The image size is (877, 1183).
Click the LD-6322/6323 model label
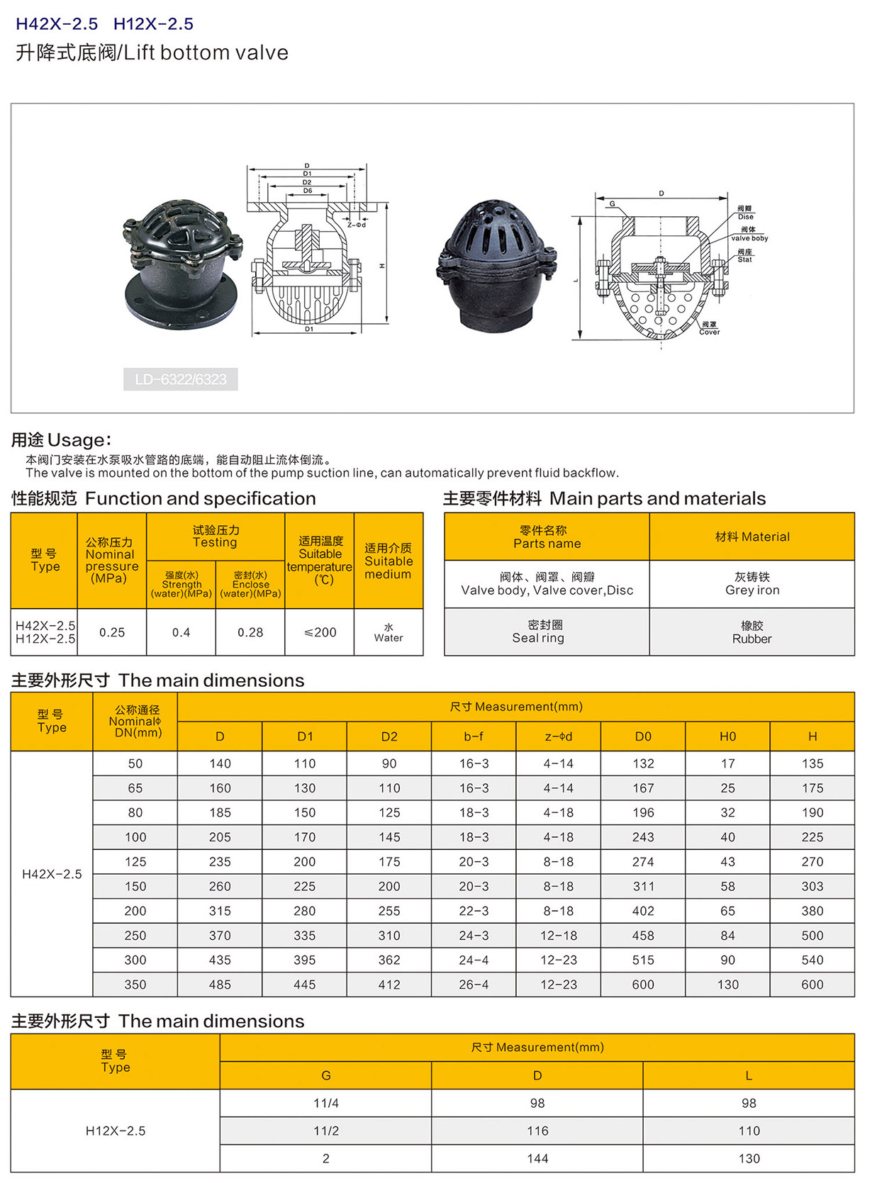[x=181, y=379]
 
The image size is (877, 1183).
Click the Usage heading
[x=61, y=440]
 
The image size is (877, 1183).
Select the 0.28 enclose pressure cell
[x=250, y=632]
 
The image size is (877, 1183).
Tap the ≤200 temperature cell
[x=320, y=632]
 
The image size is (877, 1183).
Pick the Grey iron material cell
[x=752, y=584]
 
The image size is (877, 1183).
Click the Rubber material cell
[x=752, y=632]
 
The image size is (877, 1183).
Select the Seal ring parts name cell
[x=539, y=632]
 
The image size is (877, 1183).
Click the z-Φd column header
[x=559, y=736]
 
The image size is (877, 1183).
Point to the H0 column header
[x=727, y=736]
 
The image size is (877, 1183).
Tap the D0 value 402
[x=643, y=911]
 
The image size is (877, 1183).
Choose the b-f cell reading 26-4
[x=474, y=985]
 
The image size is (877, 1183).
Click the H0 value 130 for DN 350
[x=727, y=985]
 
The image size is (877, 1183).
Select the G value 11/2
[x=326, y=1131]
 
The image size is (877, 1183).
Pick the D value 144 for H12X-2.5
[x=537, y=1158]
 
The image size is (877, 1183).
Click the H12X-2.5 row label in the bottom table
[x=116, y=1131]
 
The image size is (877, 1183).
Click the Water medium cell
[x=389, y=632]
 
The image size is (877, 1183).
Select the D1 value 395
[x=305, y=960]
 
